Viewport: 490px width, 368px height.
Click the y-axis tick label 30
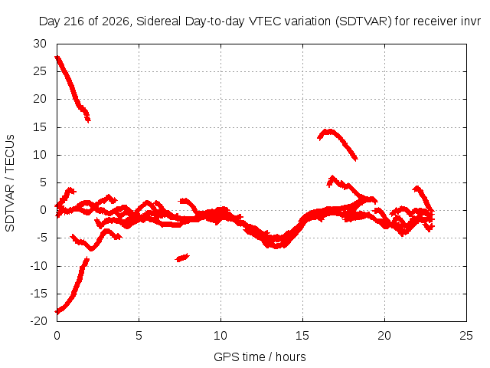tap(40, 44)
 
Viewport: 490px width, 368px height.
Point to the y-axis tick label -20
tap(38, 321)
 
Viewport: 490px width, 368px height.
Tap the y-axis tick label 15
tap(40, 127)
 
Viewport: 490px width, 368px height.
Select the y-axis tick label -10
tap(38, 266)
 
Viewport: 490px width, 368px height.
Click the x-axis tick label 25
tap(466, 336)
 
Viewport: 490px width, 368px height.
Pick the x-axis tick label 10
tap(220, 336)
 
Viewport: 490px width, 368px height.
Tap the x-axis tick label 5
tap(139, 336)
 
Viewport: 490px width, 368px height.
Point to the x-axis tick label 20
tap(384, 336)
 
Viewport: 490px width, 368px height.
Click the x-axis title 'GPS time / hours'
tap(260, 356)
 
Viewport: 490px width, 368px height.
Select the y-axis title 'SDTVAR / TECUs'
tap(10, 183)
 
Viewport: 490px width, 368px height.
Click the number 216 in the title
tap(73, 21)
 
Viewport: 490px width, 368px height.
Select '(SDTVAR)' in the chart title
tap(363, 21)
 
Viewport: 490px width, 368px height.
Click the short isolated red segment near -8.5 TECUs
tap(182, 258)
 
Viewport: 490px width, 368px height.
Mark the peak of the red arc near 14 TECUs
tap(328, 131)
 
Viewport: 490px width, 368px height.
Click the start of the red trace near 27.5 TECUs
tap(57, 58)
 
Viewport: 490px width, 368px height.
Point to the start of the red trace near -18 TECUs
tap(57, 312)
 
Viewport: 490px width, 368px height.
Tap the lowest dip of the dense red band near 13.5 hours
tap(276, 245)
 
